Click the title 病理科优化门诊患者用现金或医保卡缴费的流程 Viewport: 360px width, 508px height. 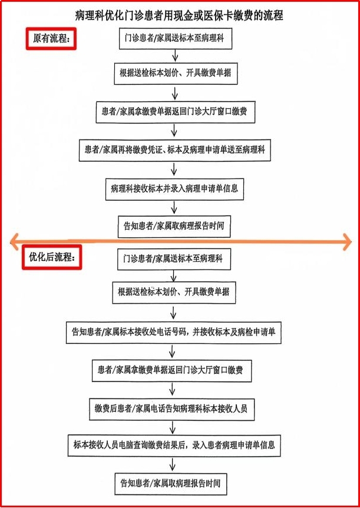pyautogui.click(x=179, y=16)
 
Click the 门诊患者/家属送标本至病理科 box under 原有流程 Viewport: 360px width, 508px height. pyautogui.click(x=173, y=39)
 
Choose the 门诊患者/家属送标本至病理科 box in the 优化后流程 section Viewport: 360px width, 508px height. pyautogui.click(x=173, y=258)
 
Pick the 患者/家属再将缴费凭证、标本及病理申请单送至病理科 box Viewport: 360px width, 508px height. pyautogui.click(x=174, y=150)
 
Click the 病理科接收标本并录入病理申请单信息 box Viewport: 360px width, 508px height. pyautogui.click(x=174, y=189)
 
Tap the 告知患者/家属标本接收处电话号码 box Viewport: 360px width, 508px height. pyautogui.click(x=174, y=333)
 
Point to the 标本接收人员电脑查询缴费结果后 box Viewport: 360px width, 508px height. pyautogui.click(x=174, y=444)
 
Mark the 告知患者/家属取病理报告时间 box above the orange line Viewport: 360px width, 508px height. pyautogui.click(x=174, y=225)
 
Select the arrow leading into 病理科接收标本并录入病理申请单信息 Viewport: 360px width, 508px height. pyautogui.click(x=174, y=169)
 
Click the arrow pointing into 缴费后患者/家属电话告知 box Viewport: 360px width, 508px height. pyautogui.click(x=172, y=389)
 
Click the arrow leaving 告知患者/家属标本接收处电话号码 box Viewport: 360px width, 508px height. pyautogui.click(x=172, y=351)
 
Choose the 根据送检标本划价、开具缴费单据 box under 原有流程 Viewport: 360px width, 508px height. pyautogui.click(x=174, y=74)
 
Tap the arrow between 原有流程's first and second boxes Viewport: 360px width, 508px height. pyautogui.click(x=175, y=56)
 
